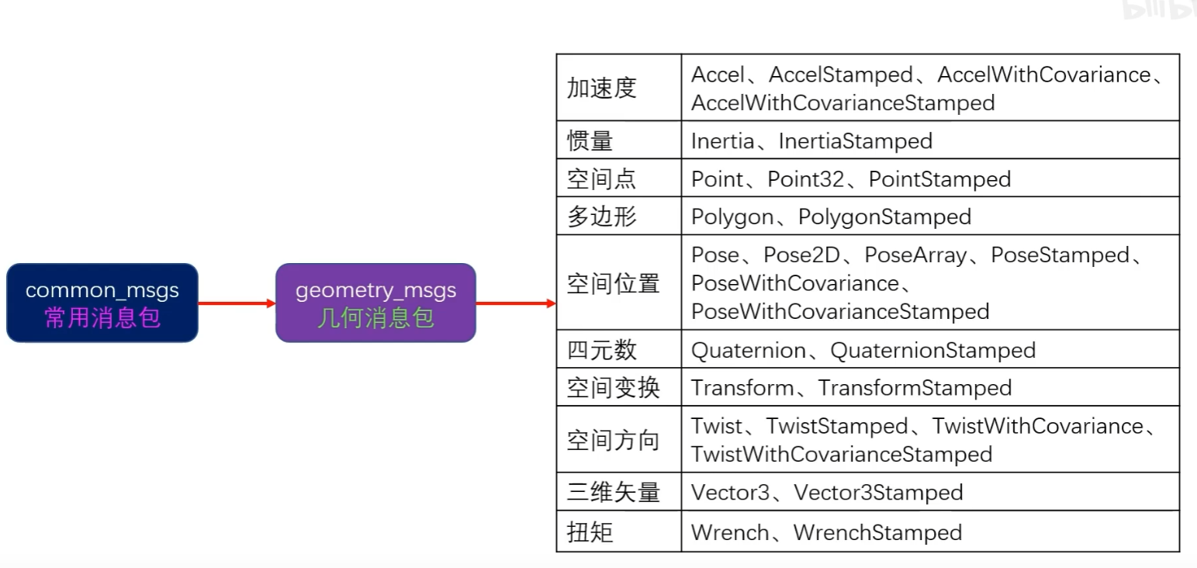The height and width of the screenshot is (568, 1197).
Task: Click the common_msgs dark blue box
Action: coord(102,303)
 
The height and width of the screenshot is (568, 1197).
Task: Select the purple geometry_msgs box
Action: coord(375,303)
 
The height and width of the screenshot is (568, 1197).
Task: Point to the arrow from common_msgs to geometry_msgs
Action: coord(237,303)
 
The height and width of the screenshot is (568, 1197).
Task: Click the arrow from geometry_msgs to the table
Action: coord(516,303)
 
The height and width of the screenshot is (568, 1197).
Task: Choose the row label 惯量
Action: coord(590,140)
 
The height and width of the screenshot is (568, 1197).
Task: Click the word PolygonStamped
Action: coord(884,216)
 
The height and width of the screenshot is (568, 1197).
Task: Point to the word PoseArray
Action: coord(916,255)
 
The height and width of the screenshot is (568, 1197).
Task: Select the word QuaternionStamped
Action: coord(932,351)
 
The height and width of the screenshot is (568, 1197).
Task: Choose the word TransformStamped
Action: coord(915,388)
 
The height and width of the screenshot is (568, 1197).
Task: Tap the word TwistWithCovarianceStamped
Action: coord(841,454)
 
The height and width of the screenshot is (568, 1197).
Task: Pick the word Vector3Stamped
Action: coord(878,493)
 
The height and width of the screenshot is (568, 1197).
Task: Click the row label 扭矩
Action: coord(590,532)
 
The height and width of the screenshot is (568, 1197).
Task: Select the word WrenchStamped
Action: coord(877,532)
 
